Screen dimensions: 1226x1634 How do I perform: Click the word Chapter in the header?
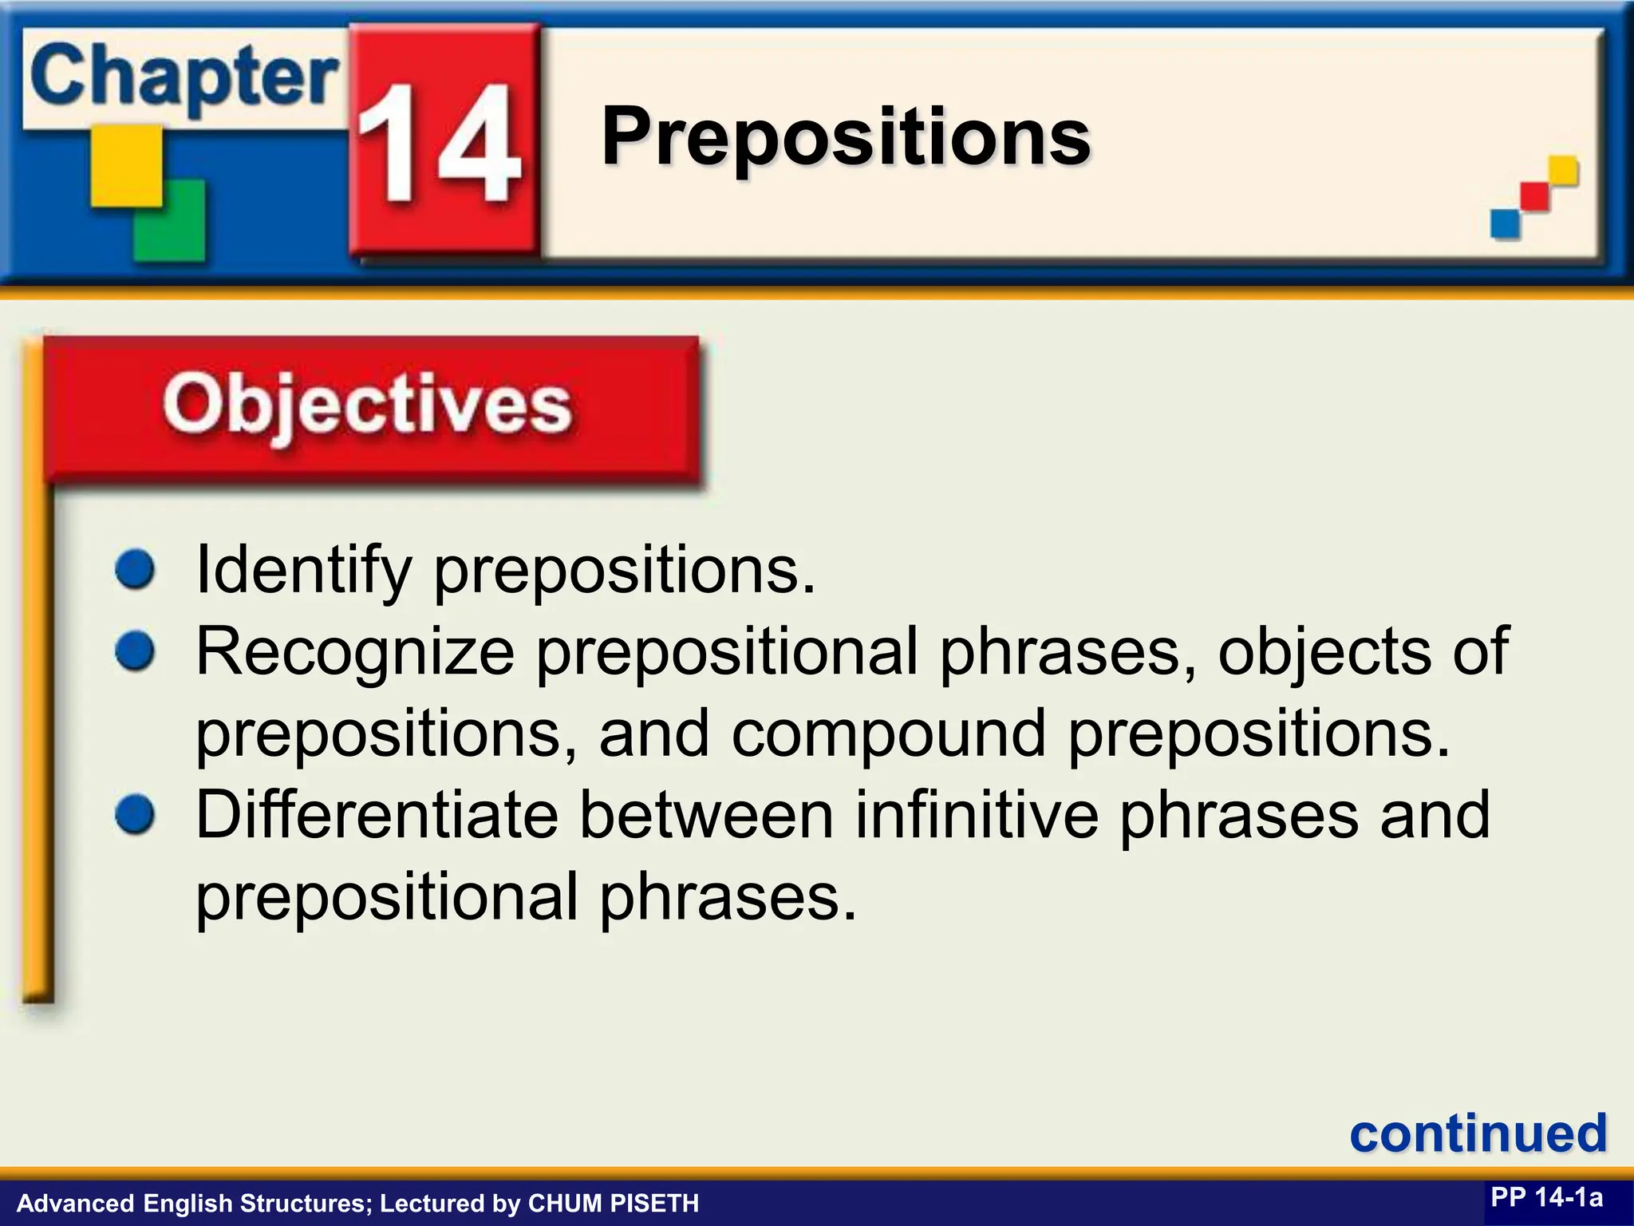(184, 78)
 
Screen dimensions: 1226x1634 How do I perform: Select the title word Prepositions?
(846, 137)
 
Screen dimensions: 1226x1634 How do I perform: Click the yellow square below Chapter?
(126, 165)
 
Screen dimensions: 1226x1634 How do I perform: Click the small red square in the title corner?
(1534, 196)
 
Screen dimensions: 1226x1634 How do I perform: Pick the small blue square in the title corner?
(1505, 223)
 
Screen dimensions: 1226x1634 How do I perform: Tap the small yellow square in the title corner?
(1563, 170)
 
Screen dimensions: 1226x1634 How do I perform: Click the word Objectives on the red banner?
(367, 405)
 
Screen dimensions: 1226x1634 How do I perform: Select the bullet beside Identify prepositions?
(135, 570)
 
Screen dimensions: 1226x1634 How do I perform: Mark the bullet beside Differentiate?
(135, 814)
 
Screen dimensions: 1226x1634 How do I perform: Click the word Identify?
(303, 570)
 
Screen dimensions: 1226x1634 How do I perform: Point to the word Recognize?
(356, 651)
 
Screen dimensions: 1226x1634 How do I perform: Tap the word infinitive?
(976, 814)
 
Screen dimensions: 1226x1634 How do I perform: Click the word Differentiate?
(377, 814)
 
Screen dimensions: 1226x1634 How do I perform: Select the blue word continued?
(1478, 1133)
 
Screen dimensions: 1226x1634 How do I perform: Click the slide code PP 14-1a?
(1546, 1197)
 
